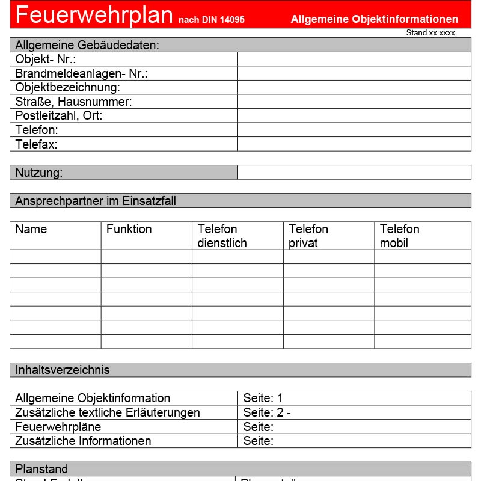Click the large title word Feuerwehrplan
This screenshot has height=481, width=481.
coord(94,14)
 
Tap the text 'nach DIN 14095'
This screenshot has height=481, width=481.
coord(211,20)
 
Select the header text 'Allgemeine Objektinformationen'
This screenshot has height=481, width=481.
coord(374,19)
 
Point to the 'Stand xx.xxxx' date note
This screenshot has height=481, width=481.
coord(430,33)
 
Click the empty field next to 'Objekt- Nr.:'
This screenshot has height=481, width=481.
coord(354,59)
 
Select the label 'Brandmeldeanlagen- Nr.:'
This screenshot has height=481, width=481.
coord(81,73)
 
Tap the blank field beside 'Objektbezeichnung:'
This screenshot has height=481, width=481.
coord(354,88)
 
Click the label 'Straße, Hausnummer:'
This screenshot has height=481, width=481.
coord(73,102)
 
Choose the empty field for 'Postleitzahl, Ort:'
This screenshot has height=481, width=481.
coord(354,115)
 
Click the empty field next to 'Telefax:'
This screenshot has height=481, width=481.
coord(354,144)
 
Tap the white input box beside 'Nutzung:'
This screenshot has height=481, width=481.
coord(354,173)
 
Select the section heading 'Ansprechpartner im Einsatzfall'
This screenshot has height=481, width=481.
coord(96,201)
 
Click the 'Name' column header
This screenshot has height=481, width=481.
coord(31,229)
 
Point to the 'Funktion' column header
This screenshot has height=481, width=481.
coord(129,229)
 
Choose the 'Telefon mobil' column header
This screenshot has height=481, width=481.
coord(399,236)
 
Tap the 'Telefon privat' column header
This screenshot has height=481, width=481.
coord(308,236)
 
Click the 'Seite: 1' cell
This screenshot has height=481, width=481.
coord(263,398)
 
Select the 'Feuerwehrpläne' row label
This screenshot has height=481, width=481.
coord(58,427)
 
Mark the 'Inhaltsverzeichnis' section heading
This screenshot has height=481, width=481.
coord(63,370)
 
